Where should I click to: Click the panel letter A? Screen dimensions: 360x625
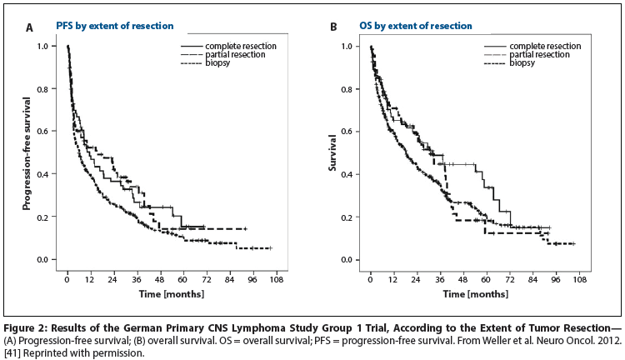tap(29, 27)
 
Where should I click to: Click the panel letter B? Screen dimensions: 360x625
tap(333, 27)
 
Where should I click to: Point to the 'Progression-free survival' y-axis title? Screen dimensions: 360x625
tap(27, 153)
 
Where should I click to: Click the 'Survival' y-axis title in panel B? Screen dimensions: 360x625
tap(331, 154)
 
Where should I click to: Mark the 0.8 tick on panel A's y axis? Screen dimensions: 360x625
tap(52, 89)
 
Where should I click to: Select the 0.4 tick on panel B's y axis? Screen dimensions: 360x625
tap(356, 174)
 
